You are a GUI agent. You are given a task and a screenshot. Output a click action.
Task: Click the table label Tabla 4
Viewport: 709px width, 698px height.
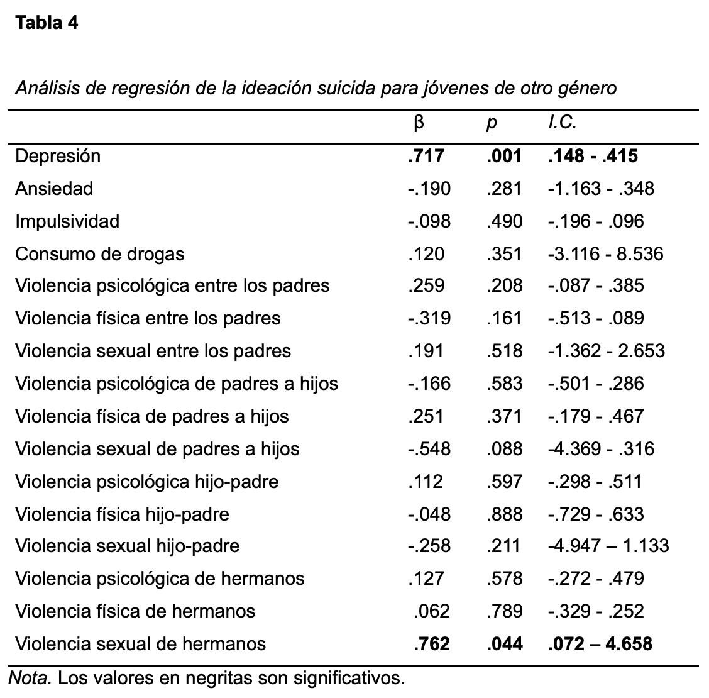47,23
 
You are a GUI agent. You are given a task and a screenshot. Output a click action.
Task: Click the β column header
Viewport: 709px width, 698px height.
419,123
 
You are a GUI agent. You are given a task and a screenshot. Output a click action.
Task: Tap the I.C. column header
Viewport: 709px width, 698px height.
562,123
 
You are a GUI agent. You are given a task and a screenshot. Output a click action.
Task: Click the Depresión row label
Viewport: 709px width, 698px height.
58,156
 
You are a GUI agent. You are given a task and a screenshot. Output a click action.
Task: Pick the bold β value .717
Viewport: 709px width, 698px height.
426,156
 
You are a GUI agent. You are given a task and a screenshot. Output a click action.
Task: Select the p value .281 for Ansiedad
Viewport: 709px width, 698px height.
504,189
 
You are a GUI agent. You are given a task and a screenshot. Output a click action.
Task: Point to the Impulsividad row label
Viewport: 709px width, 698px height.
67,221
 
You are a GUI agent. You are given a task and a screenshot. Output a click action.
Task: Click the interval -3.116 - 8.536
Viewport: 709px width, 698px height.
605,254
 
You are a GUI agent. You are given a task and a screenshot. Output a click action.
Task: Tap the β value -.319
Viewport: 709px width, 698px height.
428,318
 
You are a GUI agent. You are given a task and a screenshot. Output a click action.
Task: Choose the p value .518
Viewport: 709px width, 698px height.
504,351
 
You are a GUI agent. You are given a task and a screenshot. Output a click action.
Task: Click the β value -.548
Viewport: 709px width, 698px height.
428,449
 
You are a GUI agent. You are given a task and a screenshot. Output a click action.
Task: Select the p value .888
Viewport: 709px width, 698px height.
504,514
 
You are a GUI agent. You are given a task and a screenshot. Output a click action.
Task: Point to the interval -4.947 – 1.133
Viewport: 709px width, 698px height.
608,546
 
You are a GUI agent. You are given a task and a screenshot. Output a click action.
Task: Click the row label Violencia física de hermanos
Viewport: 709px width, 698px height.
135,611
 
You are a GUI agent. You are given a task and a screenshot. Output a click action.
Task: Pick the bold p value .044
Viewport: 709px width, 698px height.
504,644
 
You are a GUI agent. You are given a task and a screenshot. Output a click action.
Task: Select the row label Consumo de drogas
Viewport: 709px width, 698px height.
100,254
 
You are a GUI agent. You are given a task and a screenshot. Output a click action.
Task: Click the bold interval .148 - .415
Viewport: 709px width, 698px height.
593,156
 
